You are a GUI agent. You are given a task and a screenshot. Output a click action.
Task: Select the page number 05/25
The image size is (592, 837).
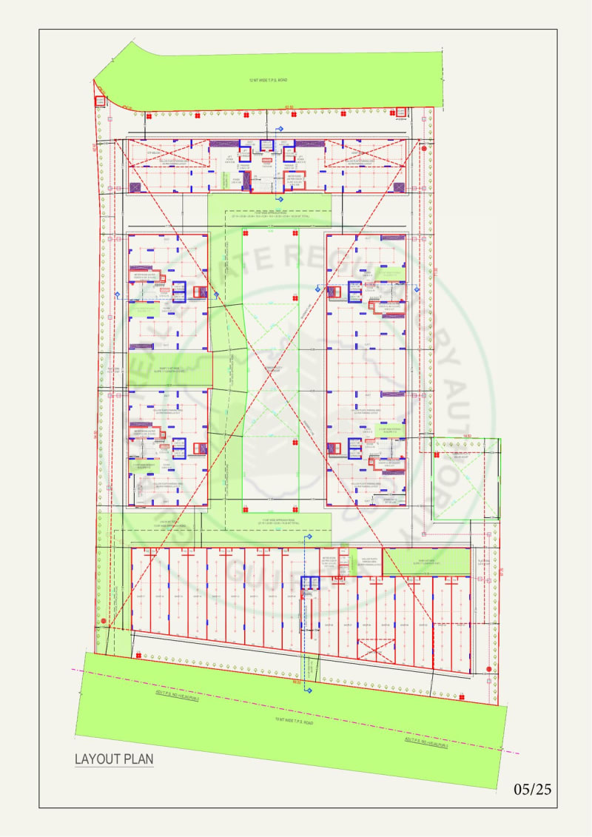tap(533, 789)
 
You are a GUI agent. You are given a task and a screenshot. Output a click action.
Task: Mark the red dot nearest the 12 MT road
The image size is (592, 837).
tap(424, 149)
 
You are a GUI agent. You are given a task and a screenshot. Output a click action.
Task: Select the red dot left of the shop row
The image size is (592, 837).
tap(104, 621)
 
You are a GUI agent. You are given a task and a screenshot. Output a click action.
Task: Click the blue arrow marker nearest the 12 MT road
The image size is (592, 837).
tap(279, 130)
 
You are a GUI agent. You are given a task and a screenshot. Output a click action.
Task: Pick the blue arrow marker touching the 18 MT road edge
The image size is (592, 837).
tap(310, 690)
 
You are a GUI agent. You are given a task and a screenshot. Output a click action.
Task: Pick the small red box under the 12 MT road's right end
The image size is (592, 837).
tap(401, 112)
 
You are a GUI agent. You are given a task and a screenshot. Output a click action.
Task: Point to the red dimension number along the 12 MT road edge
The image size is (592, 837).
tap(289, 107)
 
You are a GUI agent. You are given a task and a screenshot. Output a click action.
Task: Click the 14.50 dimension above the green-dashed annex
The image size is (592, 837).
tap(467, 435)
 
